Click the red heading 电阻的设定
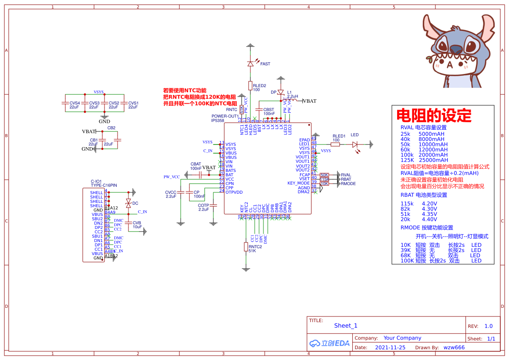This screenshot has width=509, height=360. coord(434,116)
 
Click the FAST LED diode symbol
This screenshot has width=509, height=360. coord(250,64)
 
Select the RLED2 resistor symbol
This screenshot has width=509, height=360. coord(250,85)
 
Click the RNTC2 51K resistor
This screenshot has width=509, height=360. coord(246,247)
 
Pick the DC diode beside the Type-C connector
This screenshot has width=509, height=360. coord(128,203)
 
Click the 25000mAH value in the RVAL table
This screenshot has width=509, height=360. coord(433,160)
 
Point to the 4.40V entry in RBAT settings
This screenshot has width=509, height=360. coord(430,219)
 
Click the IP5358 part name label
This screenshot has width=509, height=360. coord(218,121)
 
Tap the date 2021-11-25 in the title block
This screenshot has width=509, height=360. coord(390,347)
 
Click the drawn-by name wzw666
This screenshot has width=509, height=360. coord(454,347)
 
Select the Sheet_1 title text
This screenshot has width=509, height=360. coord(346,326)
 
